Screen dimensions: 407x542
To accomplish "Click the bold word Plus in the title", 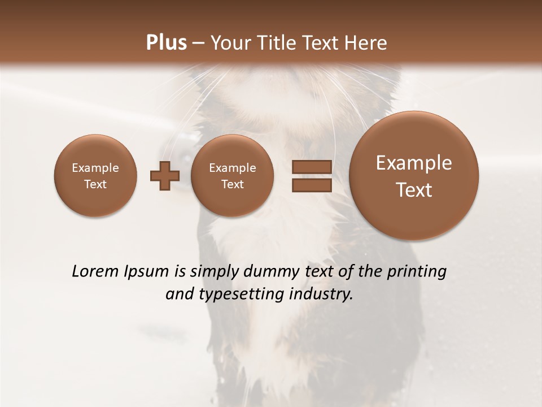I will pos(166,43).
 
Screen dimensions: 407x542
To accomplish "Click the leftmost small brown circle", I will pos(95,175).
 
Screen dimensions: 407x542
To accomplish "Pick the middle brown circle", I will pos(232,175).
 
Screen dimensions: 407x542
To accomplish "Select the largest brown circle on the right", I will pos(414,176).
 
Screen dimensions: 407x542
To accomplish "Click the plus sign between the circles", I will pos(165,176).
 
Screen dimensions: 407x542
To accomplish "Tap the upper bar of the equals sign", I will pos(311,167).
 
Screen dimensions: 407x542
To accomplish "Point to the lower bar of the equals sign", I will pos(311,185).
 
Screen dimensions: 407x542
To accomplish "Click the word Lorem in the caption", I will pos(95,271).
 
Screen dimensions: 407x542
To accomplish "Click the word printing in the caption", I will pos(418,272).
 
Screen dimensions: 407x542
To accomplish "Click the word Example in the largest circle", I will pos(414,163).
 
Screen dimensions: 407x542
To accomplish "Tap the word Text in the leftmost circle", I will pos(95,184).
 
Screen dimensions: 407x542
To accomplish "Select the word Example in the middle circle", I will pos(232,168).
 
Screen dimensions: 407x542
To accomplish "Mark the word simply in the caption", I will pos(214,272).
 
